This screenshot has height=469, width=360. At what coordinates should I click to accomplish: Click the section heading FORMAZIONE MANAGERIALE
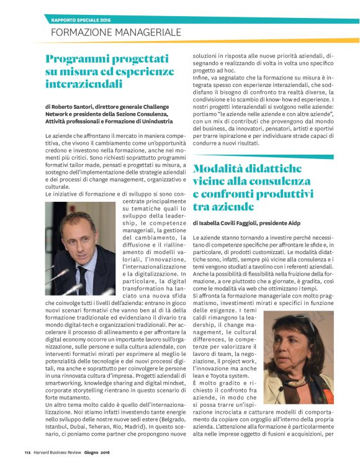[115, 31]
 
